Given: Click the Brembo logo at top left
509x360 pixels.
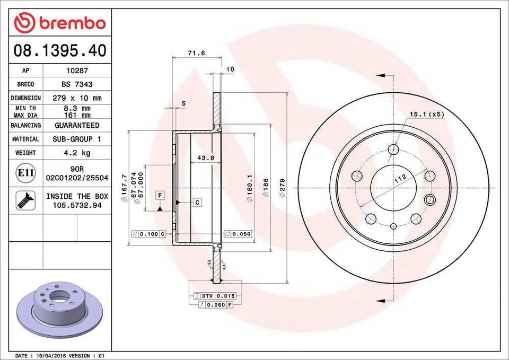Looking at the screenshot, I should (60, 23).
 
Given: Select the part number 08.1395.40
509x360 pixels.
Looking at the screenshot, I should (59, 51).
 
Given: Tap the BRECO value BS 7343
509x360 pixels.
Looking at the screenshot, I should (77, 84).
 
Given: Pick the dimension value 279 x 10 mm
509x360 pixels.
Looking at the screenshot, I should (77, 98).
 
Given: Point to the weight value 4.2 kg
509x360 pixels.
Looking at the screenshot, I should (77, 153).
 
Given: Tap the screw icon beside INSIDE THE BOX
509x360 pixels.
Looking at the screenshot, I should (25, 200).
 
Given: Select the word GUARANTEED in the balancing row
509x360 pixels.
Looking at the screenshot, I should (77, 126).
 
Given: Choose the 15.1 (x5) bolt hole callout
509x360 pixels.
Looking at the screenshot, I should (426, 114).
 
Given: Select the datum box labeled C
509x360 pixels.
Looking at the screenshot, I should (196, 203).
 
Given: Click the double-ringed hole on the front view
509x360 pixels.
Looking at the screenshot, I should (430, 199).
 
